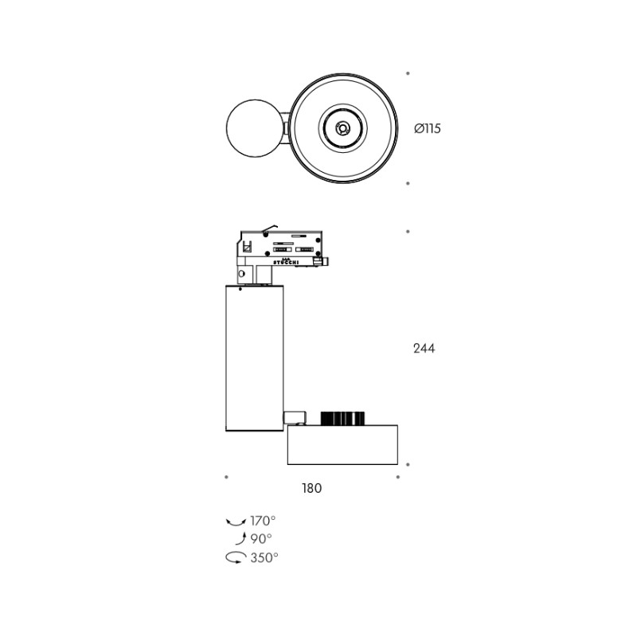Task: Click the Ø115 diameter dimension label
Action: click(428, 128)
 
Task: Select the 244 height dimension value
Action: click(424, 349)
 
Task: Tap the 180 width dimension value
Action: click(311, 488)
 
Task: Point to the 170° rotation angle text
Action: click(263, 521)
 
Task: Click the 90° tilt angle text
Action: click(261, 539)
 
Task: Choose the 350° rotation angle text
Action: click(264, 557)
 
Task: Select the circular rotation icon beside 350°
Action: click(236, 557)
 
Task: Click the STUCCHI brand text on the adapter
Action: click(286, 263)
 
